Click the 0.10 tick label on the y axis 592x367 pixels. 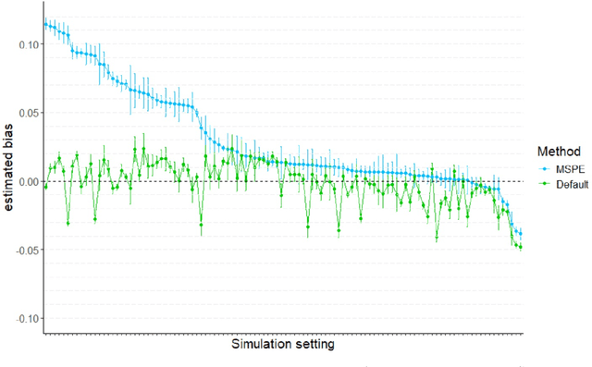(27, 45)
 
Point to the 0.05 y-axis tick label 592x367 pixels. (27, 113)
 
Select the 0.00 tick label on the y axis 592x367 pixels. (27, 181)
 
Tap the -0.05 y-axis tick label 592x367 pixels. (25, 250)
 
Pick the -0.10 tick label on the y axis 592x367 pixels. (25, 318)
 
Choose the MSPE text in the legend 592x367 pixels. (569, 170)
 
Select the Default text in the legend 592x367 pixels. (570, 184)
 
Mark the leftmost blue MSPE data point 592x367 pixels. (45, 23)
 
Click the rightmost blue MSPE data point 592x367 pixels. (520, 233)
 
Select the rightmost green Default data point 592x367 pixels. (520, 247)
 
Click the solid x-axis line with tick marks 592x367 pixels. (277, 333)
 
